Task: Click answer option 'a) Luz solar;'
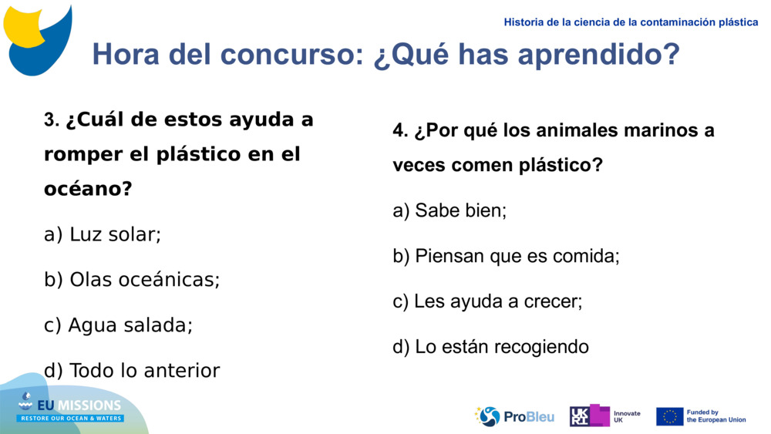[x=103, y=234]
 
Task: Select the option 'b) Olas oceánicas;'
[x=132, y=280]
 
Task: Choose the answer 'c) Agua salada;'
[x=118, y=325]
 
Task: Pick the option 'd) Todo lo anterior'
[x=132, y=371]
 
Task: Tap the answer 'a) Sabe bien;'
[x=449, y=210]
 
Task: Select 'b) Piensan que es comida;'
[x=506, y=256]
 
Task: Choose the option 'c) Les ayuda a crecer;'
[x=487, y=301]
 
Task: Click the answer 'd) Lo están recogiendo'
[x=490, y=347]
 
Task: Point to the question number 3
[x=51, y=121]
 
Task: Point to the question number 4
[x=399, y=131]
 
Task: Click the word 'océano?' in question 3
[x=88, y=189]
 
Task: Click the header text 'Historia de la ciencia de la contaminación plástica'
[x=631, y=22]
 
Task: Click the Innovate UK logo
[x=604, y=416]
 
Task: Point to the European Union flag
[x=669, y=416]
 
